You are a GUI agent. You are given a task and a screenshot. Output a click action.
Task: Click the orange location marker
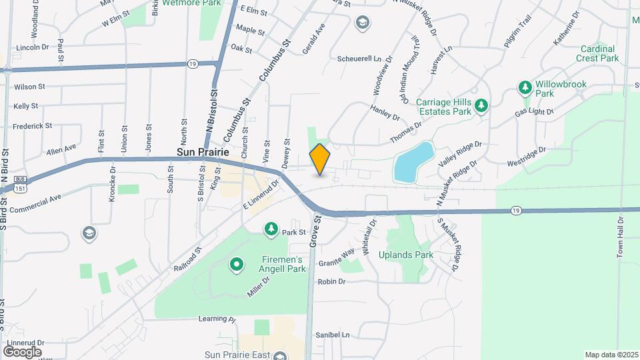320,159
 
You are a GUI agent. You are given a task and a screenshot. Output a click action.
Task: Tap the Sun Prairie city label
203,152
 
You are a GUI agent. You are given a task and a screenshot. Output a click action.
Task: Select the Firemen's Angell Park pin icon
236,265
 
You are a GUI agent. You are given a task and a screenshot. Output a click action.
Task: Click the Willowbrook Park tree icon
525,87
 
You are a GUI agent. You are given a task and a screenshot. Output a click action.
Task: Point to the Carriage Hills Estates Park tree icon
481,105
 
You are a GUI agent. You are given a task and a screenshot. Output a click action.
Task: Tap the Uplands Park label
406,255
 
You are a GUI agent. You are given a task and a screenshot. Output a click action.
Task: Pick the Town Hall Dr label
620,237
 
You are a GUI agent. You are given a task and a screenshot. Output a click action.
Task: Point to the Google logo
22,351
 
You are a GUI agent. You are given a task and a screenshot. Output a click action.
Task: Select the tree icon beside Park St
271,229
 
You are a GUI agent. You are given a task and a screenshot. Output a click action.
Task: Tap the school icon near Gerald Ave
362,24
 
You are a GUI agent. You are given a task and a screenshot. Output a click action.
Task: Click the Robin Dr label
331,281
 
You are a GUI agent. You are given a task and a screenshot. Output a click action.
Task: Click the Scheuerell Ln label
359,59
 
